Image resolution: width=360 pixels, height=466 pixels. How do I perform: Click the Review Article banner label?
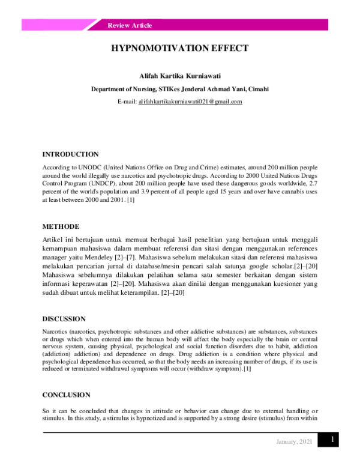point(130,25)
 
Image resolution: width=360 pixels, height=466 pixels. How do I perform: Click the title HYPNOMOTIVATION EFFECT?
point(179,49)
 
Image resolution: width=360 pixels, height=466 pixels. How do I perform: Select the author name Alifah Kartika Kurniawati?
point(179,76)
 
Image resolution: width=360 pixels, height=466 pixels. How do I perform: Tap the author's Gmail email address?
point(190,102)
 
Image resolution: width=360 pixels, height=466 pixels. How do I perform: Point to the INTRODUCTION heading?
point(70,154)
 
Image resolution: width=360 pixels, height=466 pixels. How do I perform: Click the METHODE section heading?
point(60,227)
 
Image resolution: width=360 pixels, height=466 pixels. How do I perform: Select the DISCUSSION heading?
point(64,319)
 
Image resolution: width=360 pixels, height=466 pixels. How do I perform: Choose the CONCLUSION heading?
point(66,395)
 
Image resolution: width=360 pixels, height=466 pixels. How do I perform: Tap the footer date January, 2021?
point(294,443)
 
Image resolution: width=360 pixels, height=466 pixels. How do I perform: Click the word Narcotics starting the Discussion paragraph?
point(55,331)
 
